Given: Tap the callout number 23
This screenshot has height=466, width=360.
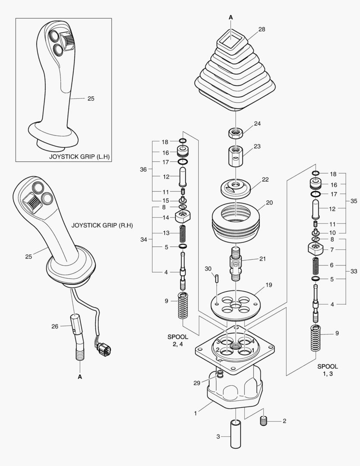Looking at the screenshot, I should click(x=257, y=146).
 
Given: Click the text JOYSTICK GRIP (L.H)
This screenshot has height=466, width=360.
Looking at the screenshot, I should click(x=79, y=156).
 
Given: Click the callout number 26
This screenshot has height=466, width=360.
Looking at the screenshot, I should click(x=55, y=326).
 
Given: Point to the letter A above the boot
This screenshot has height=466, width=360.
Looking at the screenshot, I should click(x=231, y=17).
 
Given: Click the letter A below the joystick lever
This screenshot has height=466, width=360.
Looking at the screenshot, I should click(x=80, y=377).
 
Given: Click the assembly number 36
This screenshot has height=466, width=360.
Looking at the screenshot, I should click(x=144, y=170).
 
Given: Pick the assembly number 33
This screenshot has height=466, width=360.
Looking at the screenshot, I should click(x=354, y=272).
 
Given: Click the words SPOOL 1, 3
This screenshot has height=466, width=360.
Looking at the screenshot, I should click(x=328, y=370).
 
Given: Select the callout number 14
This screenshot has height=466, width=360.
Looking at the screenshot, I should click(x=166, y=218).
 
